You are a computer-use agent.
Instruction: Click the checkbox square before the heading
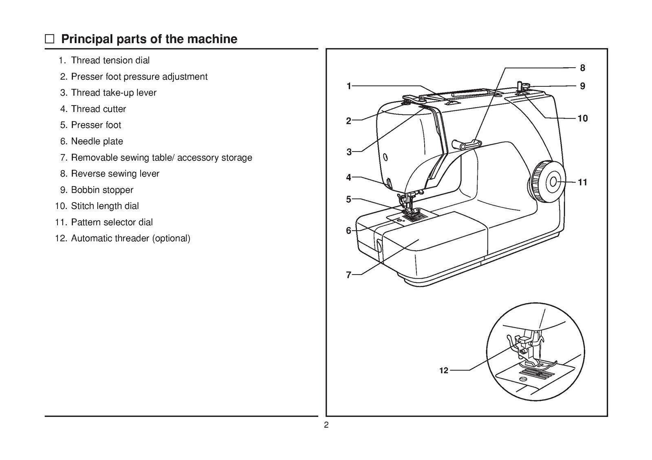49,39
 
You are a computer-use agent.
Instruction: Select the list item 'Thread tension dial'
110,60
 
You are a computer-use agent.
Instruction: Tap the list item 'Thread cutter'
98,109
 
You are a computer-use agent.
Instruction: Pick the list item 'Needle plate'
97,141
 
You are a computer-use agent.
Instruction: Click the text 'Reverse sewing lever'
115,174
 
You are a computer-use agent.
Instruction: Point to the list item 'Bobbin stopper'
102,190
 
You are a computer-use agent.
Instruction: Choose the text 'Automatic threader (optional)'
130,238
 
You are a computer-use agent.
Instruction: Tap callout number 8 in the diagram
582,68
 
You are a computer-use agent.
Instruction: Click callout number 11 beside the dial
583,183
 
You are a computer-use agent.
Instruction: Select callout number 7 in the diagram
348,275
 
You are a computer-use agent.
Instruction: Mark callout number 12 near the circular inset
444,370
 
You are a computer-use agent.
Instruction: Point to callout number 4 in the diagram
348,177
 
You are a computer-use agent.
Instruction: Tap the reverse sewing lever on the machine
467,143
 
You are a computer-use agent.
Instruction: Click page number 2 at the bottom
326,425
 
